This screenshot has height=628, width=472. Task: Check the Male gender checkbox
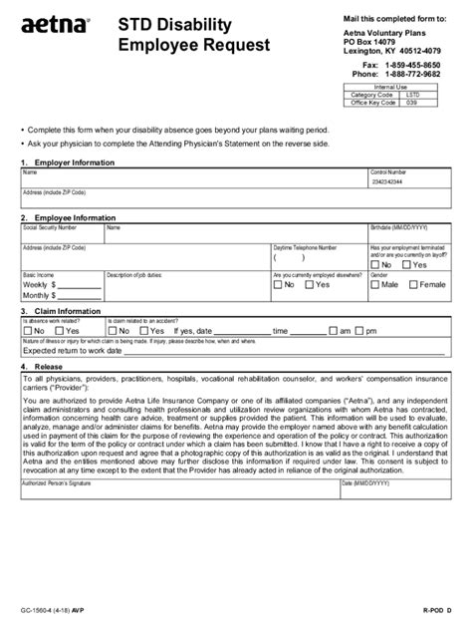[375, 284]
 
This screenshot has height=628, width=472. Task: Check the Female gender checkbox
[413, 284]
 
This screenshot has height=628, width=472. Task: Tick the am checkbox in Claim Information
[332, 330]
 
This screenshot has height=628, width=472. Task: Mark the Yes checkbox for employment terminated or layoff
[407, 264]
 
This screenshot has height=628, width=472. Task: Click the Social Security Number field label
[49, 226]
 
